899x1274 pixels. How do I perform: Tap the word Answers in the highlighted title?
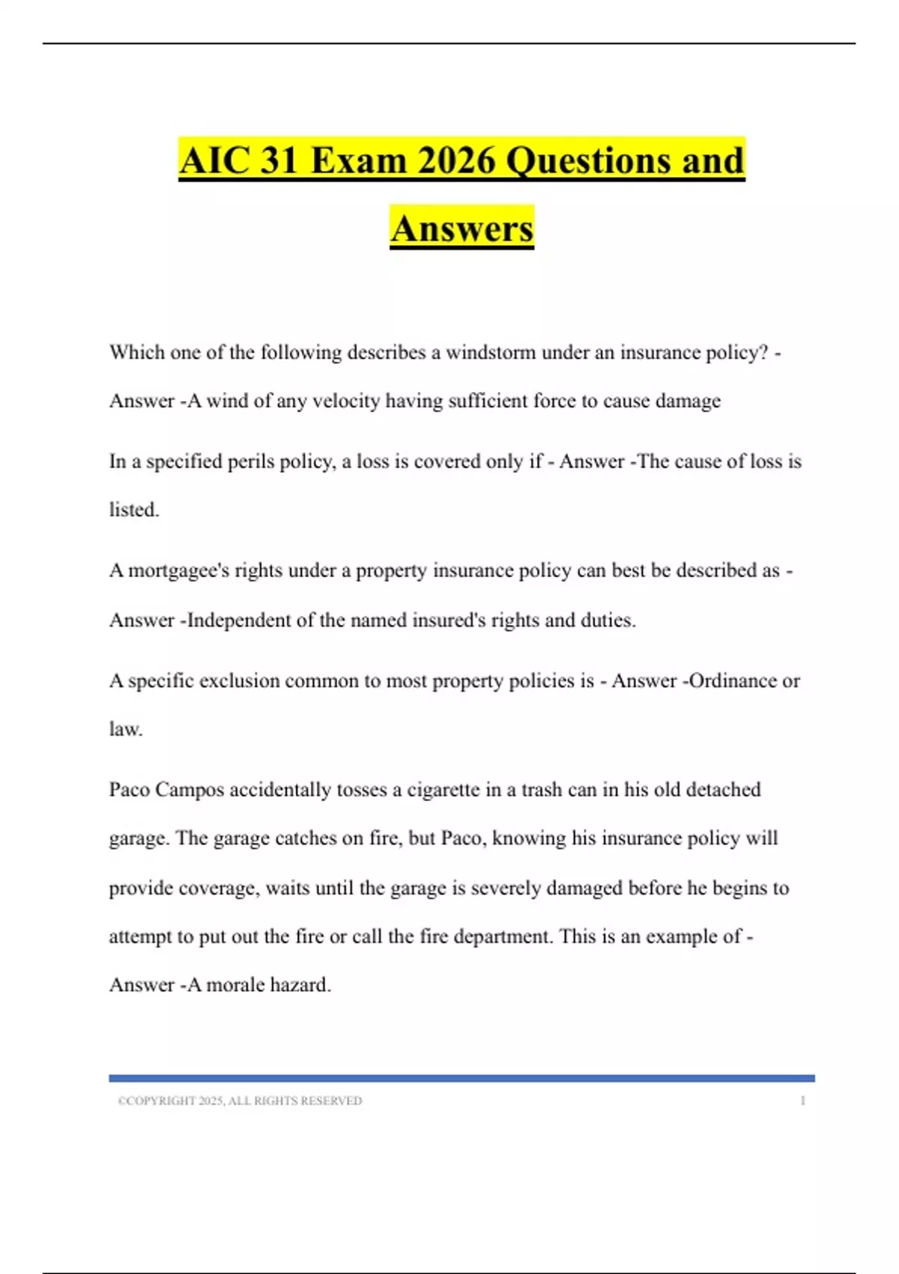(x=461, y=229)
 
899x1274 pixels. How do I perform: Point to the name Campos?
(x=189, y=790)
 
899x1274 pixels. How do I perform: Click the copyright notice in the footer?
(x=240, y=1101)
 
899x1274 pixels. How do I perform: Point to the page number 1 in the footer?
(x=802, y=1101)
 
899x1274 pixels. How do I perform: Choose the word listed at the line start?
(x=133, y=510)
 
